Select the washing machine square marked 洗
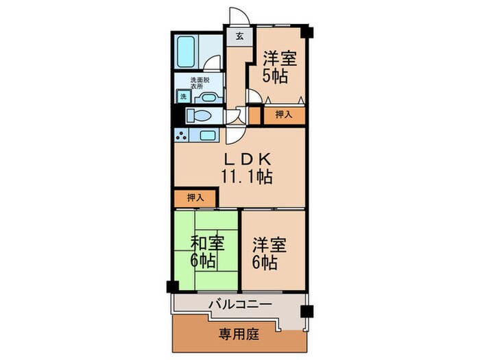coord(183,97)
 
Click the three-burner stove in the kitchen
coord(182,135)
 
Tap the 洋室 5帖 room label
coord(280,67)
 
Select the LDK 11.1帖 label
coord(245,168)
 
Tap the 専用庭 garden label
coord(238,335)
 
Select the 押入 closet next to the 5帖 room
coord(283,115)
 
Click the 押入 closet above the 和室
coord(195,197)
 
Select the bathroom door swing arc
coord(215,62)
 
